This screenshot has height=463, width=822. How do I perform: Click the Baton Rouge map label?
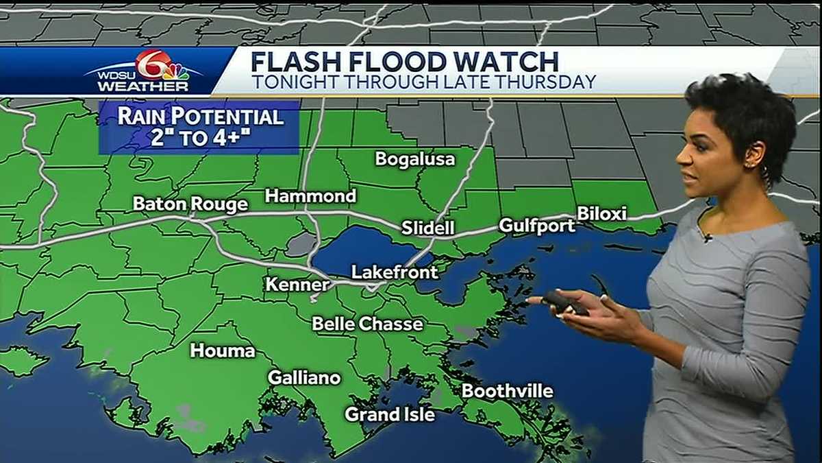[x=190, y=204]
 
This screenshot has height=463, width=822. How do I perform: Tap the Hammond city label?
[x=310, y=196]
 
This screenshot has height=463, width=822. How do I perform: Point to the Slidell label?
[x=428, y=228]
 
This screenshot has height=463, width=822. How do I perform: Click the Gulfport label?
[x=537, y=225]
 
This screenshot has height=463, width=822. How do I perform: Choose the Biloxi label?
[x=602, y=213]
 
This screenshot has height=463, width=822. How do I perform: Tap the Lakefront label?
[x=395, y=272]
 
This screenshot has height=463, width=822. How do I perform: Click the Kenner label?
[x=297, y=284]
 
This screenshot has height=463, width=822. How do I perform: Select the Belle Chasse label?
[x=367, y=324]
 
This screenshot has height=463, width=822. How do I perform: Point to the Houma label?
[x=223, y=351]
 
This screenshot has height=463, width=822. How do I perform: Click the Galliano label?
[x=304, y=378]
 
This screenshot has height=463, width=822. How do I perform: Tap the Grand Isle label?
[x=389, y=414]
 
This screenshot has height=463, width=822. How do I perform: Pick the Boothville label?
[x=508, y=391]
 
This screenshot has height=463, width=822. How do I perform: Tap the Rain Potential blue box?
[x=199, y=127]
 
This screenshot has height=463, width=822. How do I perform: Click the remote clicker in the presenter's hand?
[x=566, y=302]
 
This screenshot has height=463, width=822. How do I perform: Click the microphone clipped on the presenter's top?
[x=708, y=238]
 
